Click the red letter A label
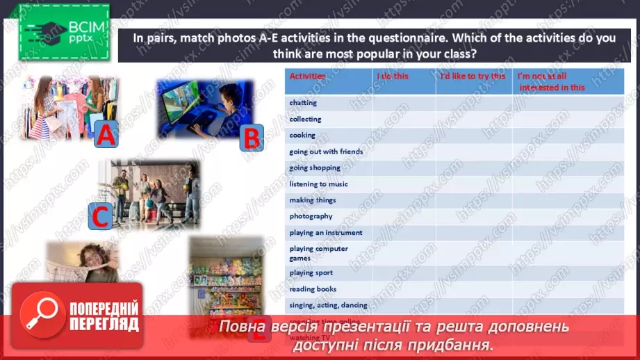coord(105,135)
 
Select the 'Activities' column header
coord(307,76)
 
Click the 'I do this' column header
coord(393,76)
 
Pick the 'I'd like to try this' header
coord(473,76)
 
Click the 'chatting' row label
coord(303,103)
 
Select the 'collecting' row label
coord(305,119)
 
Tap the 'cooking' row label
coord(302,135)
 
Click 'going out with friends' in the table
coord(326,151)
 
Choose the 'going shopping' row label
coord(315,167)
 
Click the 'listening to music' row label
coord(318,183)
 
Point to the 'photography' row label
coord(311,216)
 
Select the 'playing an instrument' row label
coord(325,232)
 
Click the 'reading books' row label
coord(313,288)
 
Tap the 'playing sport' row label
coord(311,272)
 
